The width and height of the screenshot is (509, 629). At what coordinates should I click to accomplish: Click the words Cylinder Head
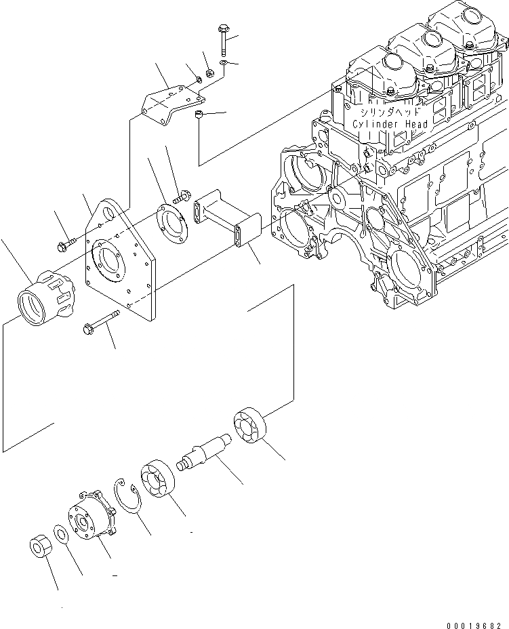pyautogui.click(x=390, y=124)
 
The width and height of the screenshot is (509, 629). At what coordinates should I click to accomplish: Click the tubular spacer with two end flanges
pyautogui.click(x=221, y=218)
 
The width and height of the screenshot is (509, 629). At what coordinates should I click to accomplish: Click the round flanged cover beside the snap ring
pyautogui.click(x=91, y=523)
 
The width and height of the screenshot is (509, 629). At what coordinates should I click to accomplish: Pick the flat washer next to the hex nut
pyautogui.click(x=60, y=535)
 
